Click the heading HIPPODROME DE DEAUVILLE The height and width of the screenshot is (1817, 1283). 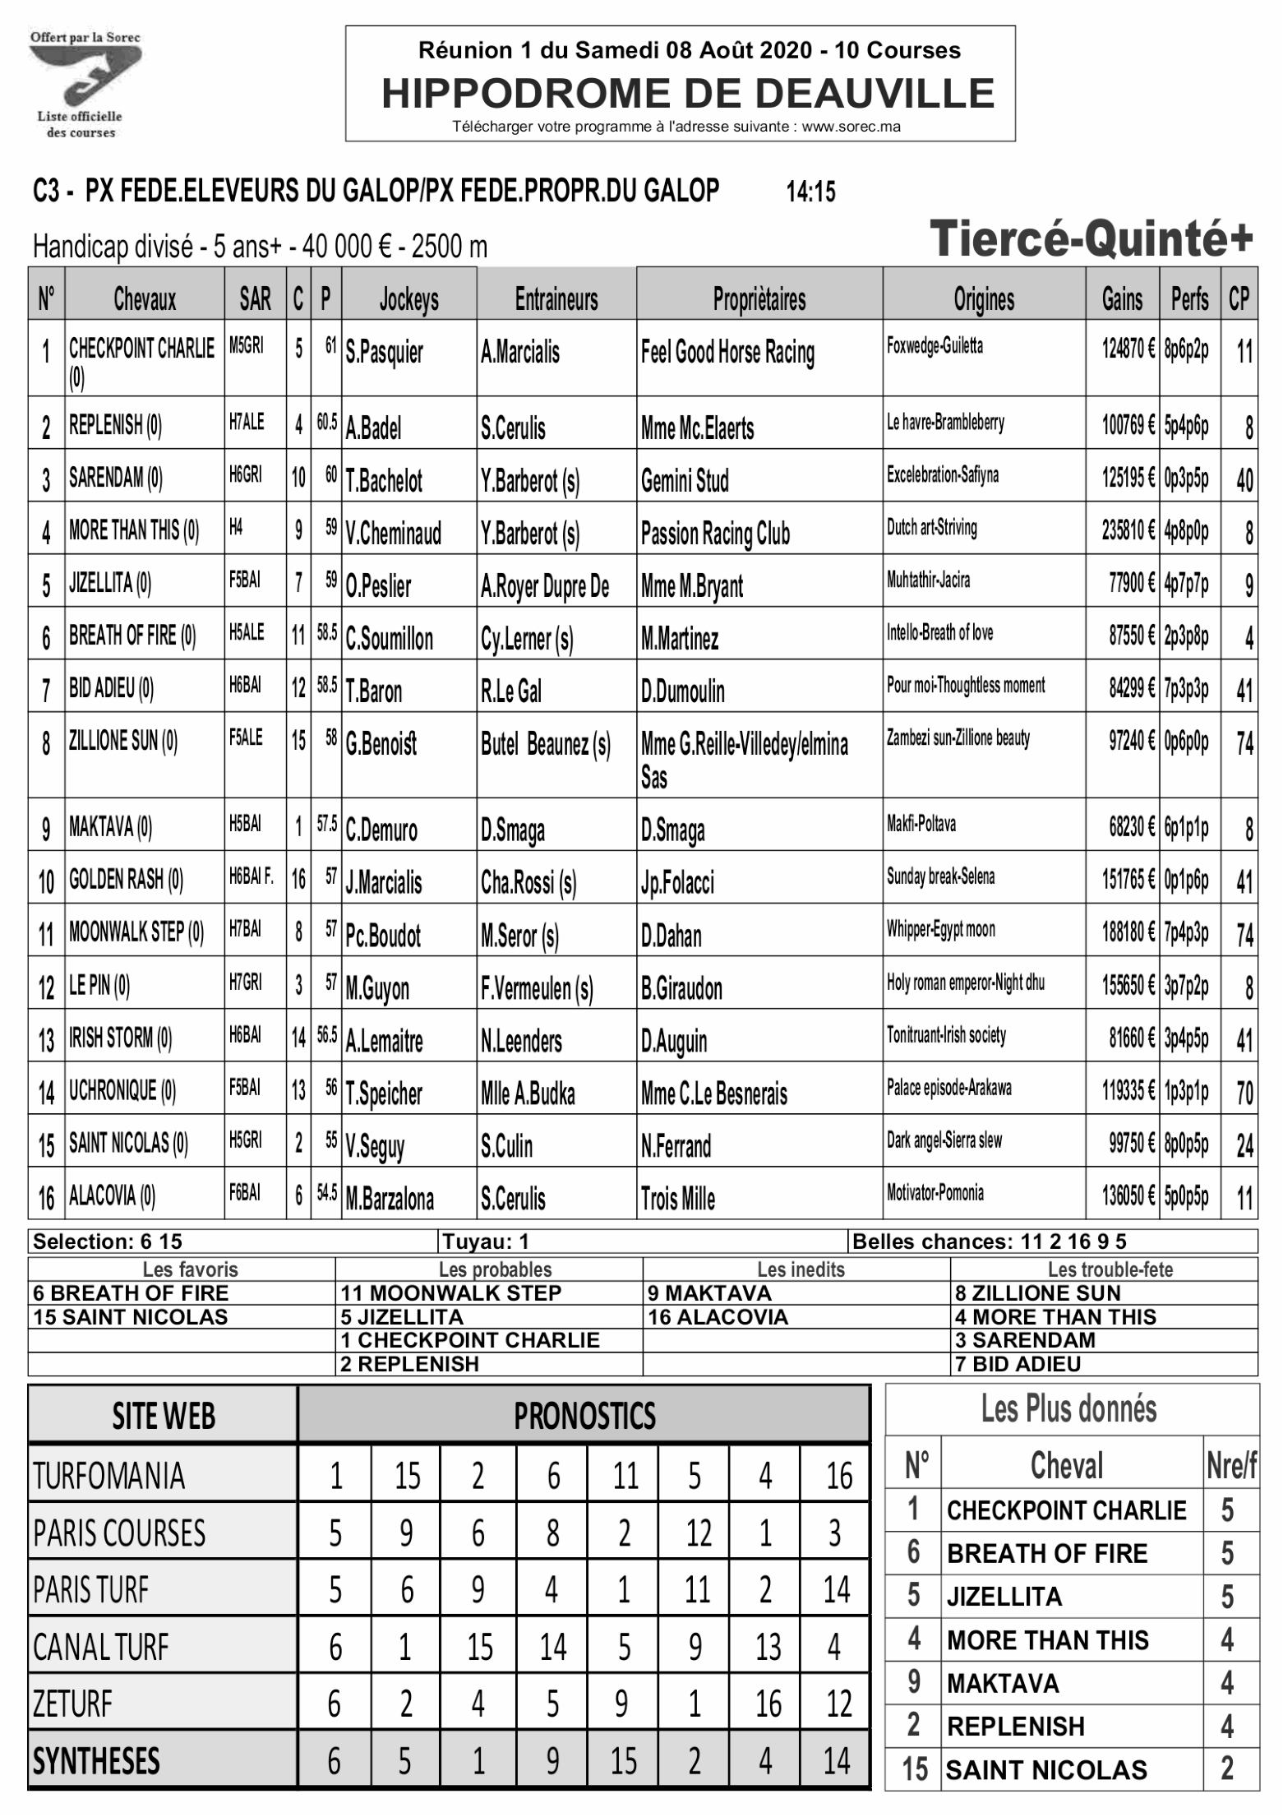point(688,93)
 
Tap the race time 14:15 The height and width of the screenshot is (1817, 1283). point(810,192)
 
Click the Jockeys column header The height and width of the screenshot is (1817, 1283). point(408,299)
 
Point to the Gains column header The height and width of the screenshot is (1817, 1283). point(1122,299)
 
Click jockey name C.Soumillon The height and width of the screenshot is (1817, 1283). point(389,639)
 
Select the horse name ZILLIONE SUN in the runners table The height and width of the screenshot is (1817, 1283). point(123,741)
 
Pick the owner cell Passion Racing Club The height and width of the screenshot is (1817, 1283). point(715,534)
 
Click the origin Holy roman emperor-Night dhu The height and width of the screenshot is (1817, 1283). point(965,982)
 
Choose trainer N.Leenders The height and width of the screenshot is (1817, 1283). point(521,1042)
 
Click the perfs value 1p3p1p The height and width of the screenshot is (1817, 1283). point(1186,1090)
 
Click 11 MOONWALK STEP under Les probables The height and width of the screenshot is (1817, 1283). point(450,1293)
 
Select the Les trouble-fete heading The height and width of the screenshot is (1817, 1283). point(1103,1269)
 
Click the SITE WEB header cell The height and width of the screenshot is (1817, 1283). point(163,1416)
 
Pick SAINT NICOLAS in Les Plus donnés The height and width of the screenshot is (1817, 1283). point(1045,1769)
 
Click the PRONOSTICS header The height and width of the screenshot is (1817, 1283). point(584,1416)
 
